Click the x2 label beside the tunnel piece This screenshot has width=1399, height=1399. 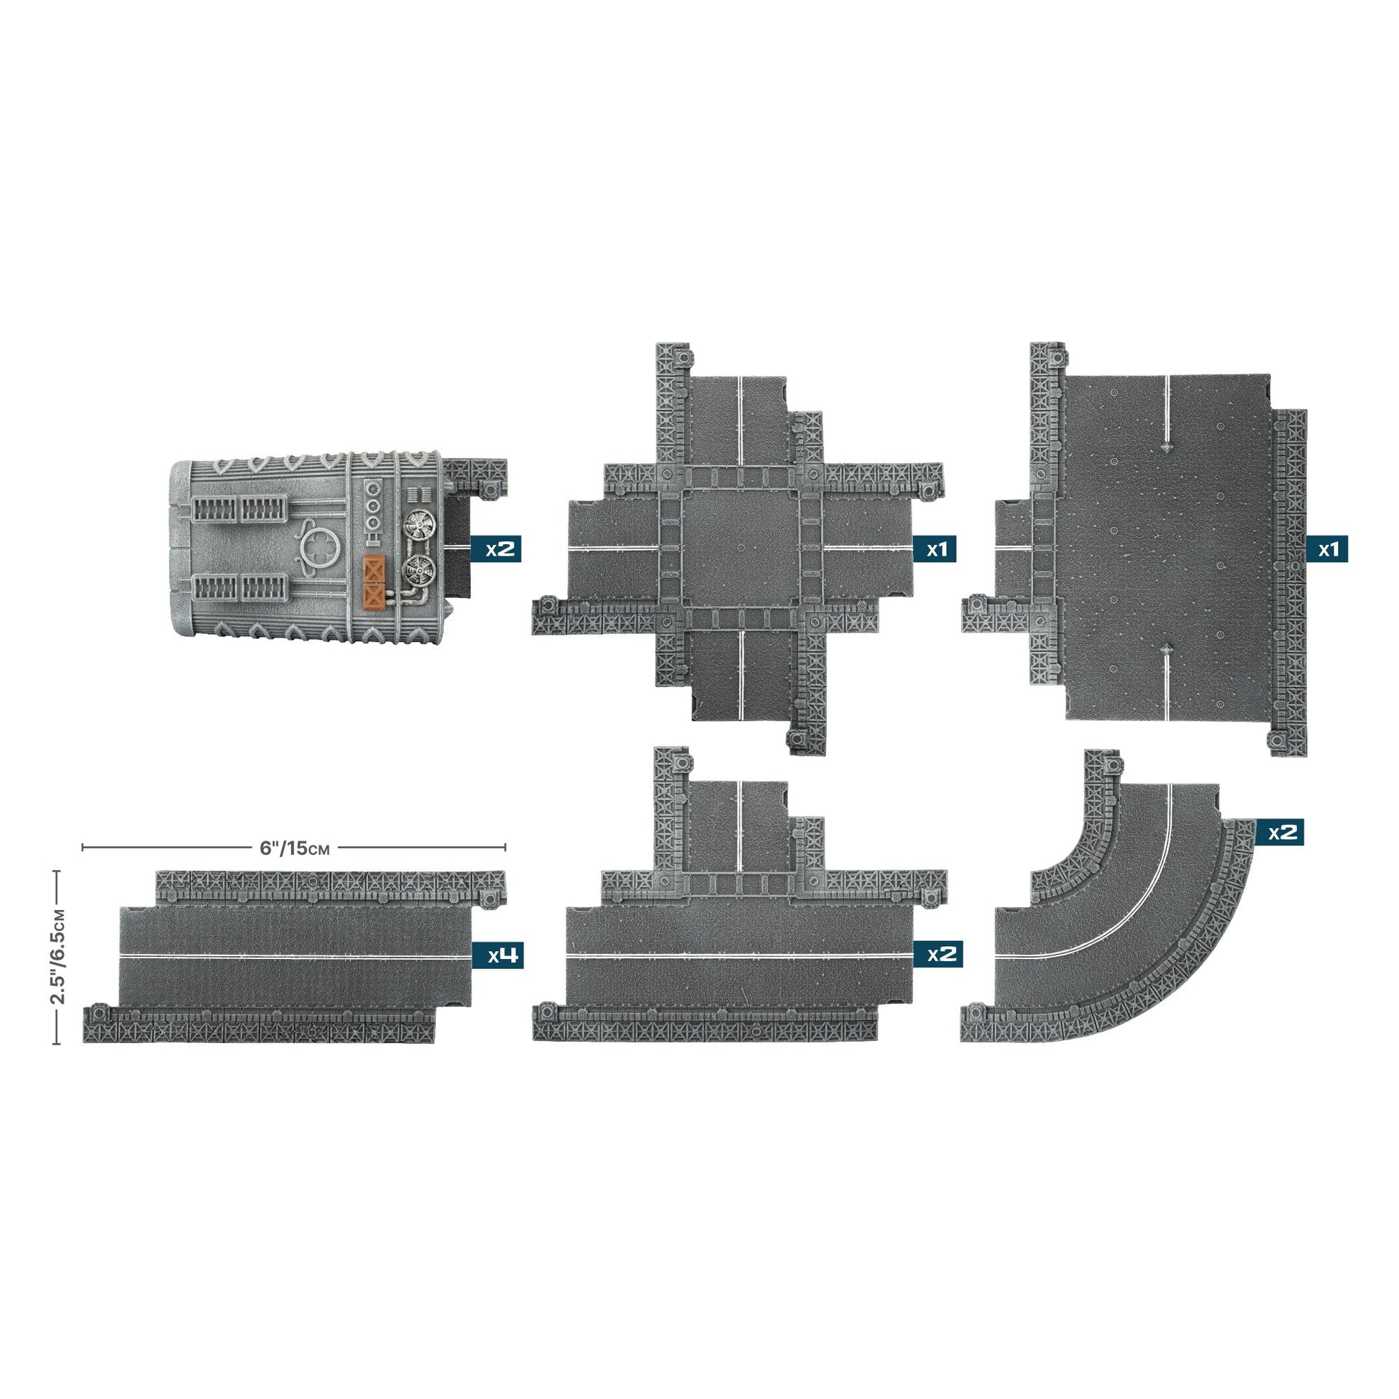tap(495, 549)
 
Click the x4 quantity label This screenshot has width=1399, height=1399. tap(497, 955)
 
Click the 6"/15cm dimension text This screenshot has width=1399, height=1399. tap(295, 848)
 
